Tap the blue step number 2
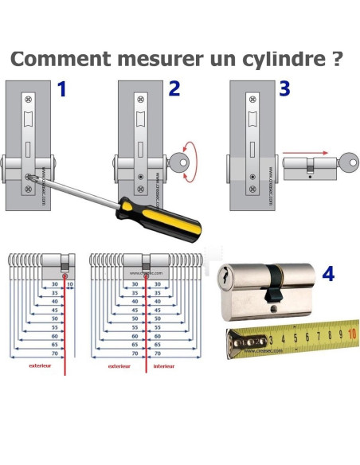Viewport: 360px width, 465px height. point(174,89)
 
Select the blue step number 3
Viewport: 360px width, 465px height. point(284,88)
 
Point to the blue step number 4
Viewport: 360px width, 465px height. point(327,275)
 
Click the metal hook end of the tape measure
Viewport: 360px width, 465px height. point(236,343)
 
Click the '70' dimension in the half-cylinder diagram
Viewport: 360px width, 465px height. point(55,352)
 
